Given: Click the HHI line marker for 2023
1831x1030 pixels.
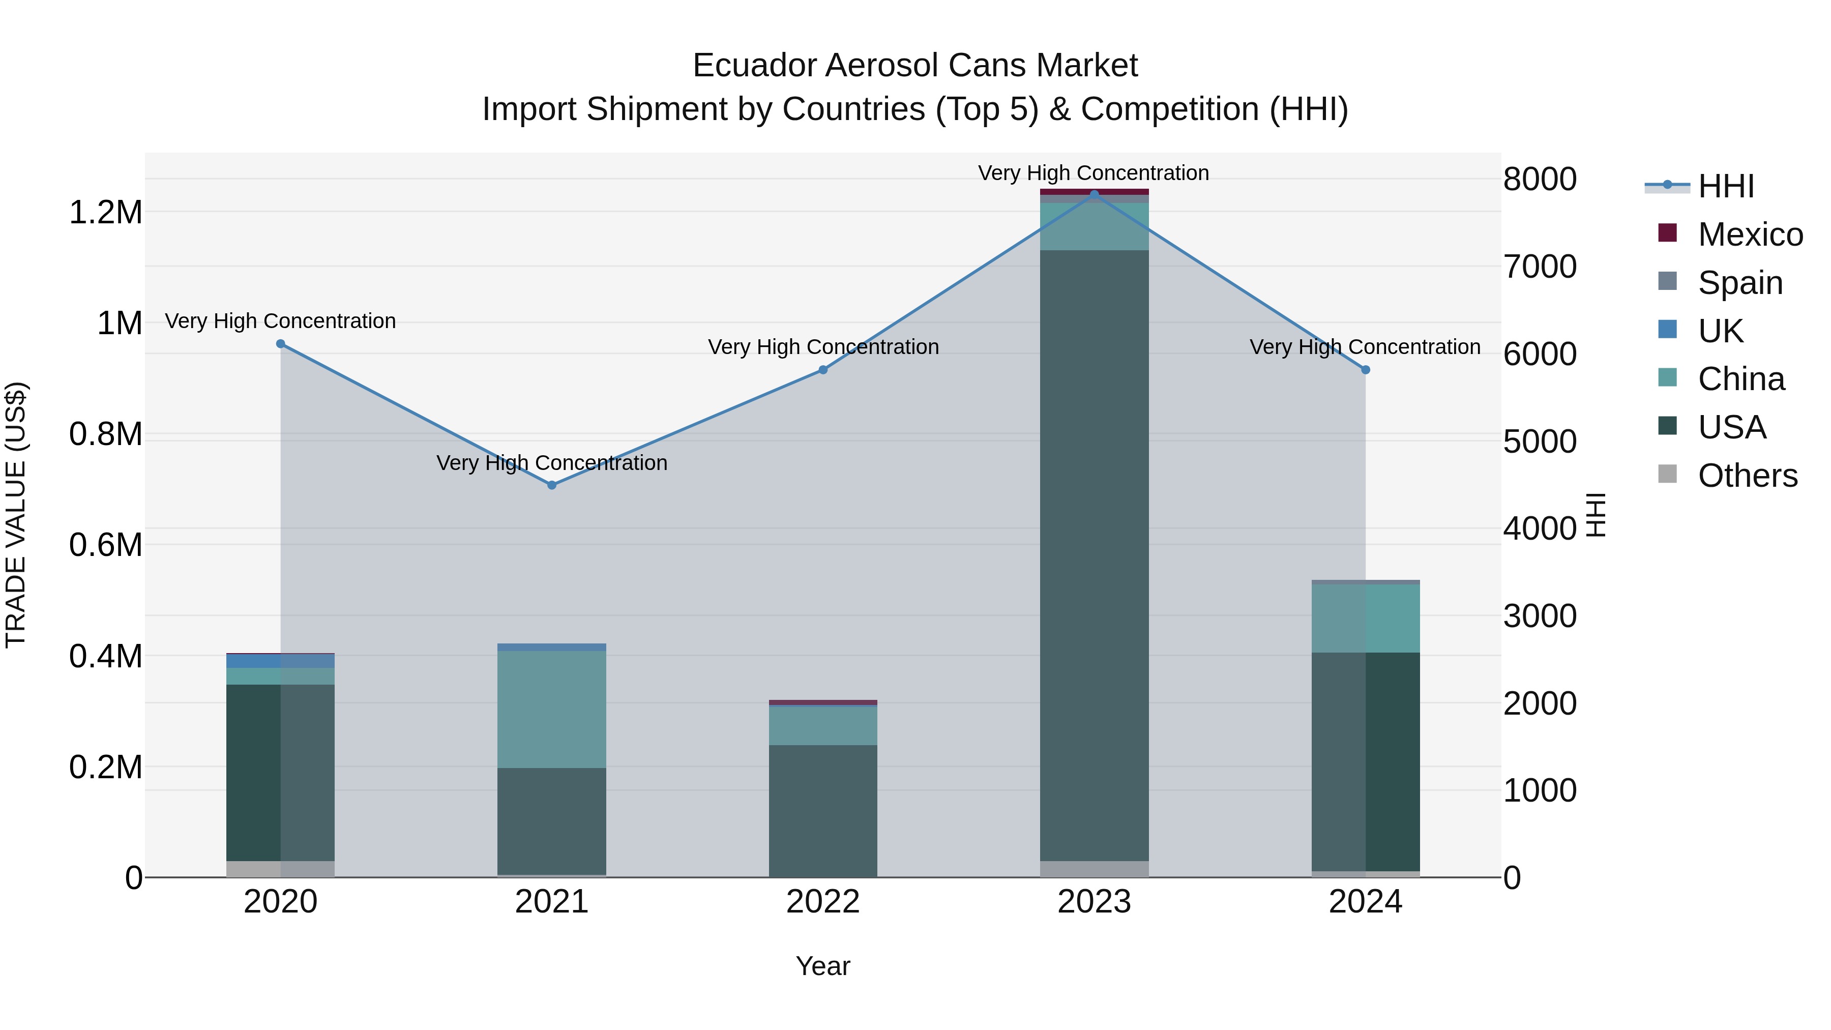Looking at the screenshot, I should (1094, 194).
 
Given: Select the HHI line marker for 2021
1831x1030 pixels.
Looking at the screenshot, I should (551, 485).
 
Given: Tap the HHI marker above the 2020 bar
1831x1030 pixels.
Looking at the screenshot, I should (280, 344).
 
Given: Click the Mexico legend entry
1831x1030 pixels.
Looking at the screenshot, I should (1750, 234).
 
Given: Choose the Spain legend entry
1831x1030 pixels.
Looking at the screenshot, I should (1739, 283).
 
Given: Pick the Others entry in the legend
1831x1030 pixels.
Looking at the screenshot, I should (1747, 476).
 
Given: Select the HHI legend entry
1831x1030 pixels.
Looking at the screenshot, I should (1726, 186).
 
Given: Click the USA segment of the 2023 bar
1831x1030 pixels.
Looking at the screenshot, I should (1094, 554).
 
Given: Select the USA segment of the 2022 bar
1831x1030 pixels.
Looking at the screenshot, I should (822, 810).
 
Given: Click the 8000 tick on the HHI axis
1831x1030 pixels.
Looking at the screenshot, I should (1540, 179).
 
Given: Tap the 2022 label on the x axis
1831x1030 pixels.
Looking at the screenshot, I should (822, 902).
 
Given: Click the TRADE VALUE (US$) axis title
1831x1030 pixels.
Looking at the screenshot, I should (16, 515).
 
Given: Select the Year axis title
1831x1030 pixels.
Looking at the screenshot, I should (822, 966).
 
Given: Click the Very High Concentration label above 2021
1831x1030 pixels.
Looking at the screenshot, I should (551, 463).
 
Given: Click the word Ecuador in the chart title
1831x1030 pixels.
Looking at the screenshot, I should (754, 66).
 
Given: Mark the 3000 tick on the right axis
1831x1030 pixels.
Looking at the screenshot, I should (1540, 616).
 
